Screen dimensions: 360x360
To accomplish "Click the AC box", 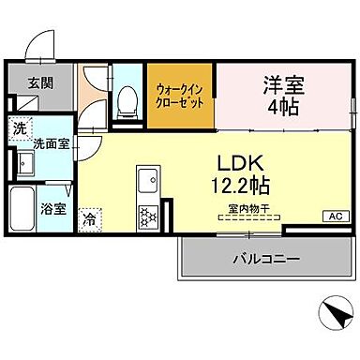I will pyautogui.click(x=333, y=217).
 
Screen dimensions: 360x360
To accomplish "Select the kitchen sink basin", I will pyautogui.click(x=148, y=178).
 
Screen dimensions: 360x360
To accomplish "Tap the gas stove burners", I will pyautogui.click(x=148, y=217).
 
